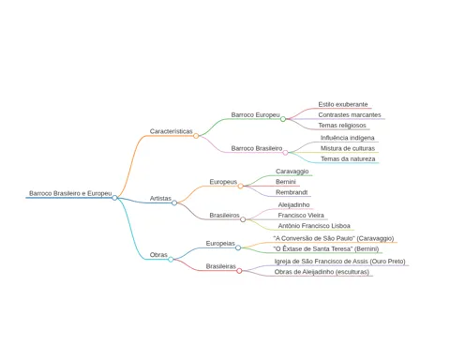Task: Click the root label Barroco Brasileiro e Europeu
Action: tap(70, 193)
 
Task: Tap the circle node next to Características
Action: tap(196, 136)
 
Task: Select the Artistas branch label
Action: tap(160, 199)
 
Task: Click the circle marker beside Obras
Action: tap(171, 260)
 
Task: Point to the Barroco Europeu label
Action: tap(255, 115)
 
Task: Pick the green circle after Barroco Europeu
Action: tap(283, 119)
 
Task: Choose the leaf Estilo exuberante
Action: tap(343, 104)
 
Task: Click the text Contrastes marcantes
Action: tap(350, 115)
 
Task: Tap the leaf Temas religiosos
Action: tap(342, 126)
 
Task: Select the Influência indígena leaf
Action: tap(347, 138)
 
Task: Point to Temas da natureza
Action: tap(348, 158)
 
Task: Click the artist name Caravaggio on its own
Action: tap(292, 172)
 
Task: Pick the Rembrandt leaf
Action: tap(292, 192)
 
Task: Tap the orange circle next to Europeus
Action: tap(240, 187)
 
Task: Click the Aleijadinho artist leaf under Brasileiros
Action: tap(293, 205)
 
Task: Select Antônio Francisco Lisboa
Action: tap(314, 226)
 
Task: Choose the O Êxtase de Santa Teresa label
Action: tap(326, 248)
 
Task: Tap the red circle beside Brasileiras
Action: tap(239, 271)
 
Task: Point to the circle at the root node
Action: tap(114, 198)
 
